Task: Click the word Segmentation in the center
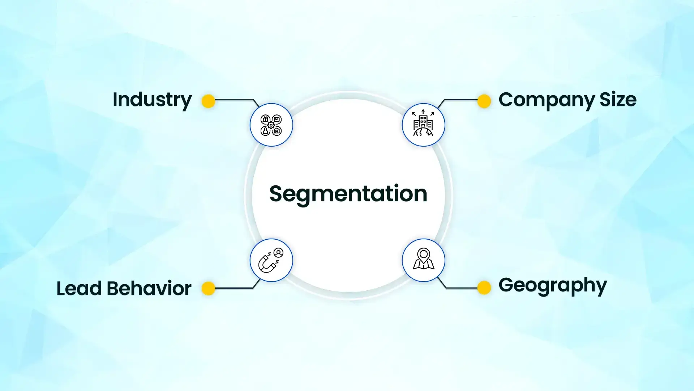coord(348,194)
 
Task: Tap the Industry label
coord(152,100)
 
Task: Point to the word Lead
coord(79,288)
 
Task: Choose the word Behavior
coord(149,288)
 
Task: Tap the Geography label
coord(552,285)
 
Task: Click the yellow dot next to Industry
coord(208,101)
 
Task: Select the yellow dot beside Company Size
coord(484,101)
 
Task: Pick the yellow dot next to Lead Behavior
coord(208,289)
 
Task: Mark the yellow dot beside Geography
coord(484,287)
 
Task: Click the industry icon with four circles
coord(271,125)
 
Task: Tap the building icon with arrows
coord(423,125)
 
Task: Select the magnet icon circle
coord(271,260)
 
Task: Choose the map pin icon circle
coord(423,260)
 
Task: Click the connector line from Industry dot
coord(235,100)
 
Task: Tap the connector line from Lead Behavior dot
coord(235,289)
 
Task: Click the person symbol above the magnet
coord(279,253)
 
